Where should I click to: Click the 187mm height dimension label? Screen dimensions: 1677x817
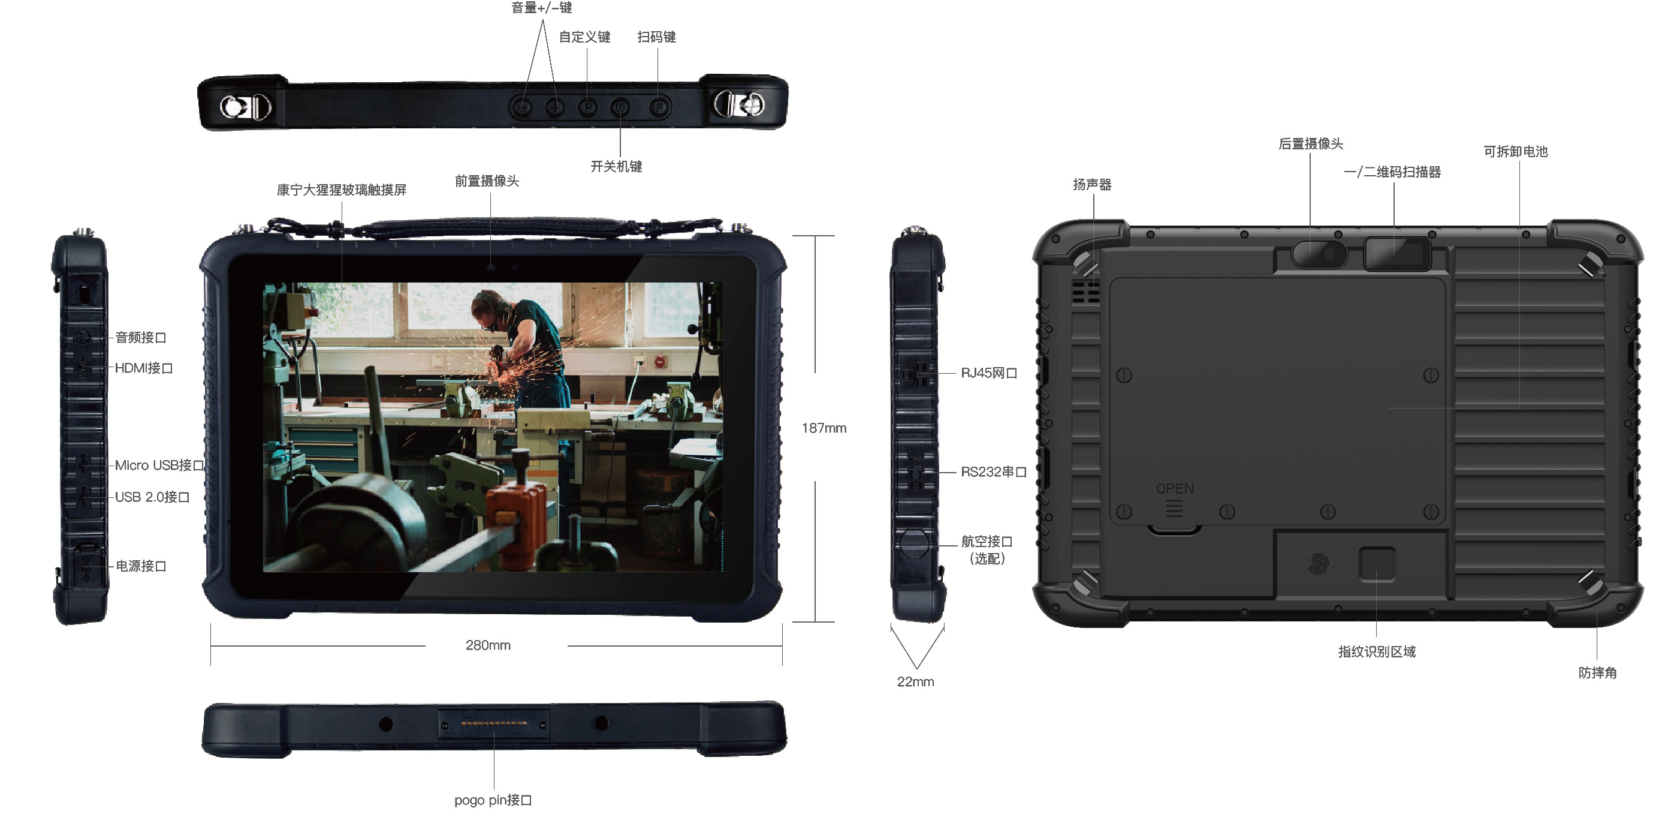[824, 428]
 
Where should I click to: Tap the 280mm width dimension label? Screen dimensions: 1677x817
[488, 645]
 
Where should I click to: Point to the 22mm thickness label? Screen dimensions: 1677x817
[915, 681]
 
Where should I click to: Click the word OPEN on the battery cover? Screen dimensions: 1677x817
[1174, 489]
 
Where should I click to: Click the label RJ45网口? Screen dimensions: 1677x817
[989, 373]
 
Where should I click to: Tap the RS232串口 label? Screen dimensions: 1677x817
[994, 471]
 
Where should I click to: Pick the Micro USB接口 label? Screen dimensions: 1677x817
[159, 465]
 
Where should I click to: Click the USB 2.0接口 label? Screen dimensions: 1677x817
[152, 497]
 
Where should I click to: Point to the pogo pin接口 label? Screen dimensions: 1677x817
[493, 800]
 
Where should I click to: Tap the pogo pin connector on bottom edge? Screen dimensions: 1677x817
[493, 723]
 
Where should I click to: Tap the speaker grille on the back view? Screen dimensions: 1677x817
[1086, 292]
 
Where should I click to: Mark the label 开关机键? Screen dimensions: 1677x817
[616, 166]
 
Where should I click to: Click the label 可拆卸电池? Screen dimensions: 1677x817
[1516, 151]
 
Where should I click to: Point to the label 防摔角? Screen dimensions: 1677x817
[1597, 672]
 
